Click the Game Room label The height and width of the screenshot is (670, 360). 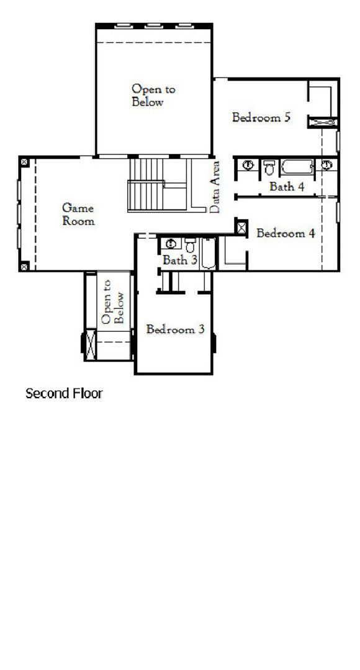pos(79,214)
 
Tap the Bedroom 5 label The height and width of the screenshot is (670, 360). pos(261,117)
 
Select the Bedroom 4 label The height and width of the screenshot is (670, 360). pos(286,234)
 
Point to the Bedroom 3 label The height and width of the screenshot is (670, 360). pos(175,329)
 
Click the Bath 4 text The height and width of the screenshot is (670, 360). pos(287,186)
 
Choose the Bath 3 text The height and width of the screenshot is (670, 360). pos(179,261)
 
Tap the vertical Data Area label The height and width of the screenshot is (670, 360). pos(215,187)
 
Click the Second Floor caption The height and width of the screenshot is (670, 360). pos(64,393)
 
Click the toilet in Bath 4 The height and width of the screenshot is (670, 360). pos(269,167)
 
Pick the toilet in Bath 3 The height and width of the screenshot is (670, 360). pos(190,244)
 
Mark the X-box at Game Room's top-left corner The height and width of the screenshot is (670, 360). pos(24,161)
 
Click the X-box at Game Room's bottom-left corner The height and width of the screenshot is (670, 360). pos(24,266)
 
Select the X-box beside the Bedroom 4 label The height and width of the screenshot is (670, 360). pos(241,227)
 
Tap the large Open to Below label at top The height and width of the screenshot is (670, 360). pos(153,96)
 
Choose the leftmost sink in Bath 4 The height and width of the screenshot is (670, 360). pos(248,166)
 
